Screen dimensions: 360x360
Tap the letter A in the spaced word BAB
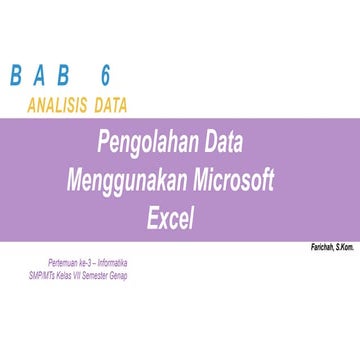click(42, 77)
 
